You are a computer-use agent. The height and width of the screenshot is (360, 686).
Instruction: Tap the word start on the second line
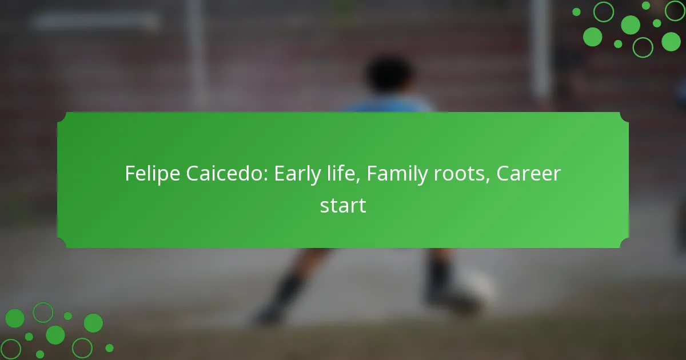(x=343, y=205)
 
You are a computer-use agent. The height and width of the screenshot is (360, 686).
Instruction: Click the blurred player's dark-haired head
(x=389, y=74)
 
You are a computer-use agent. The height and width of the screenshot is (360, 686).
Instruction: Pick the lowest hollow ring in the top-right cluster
(x=643, y=47)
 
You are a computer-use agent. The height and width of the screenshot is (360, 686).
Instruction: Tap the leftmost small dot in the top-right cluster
(x=576, y=11)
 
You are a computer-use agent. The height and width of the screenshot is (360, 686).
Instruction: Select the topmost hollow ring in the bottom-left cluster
(x=43, y=312)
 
